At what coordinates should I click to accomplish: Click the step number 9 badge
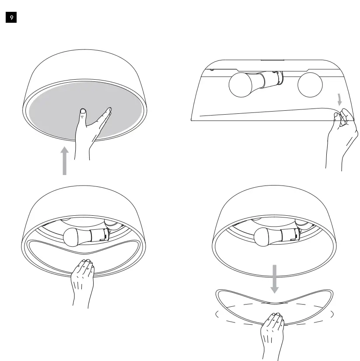click(11, 18)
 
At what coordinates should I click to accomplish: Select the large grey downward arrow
click(274, 278)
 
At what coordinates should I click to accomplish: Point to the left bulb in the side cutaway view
click(242, 84)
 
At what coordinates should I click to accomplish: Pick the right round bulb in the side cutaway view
click(310, 85)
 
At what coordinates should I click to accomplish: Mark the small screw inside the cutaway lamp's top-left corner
click(212, 69)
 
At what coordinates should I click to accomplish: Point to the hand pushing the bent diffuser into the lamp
click(83, 280)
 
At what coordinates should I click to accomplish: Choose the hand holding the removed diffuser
click(273, 333)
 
